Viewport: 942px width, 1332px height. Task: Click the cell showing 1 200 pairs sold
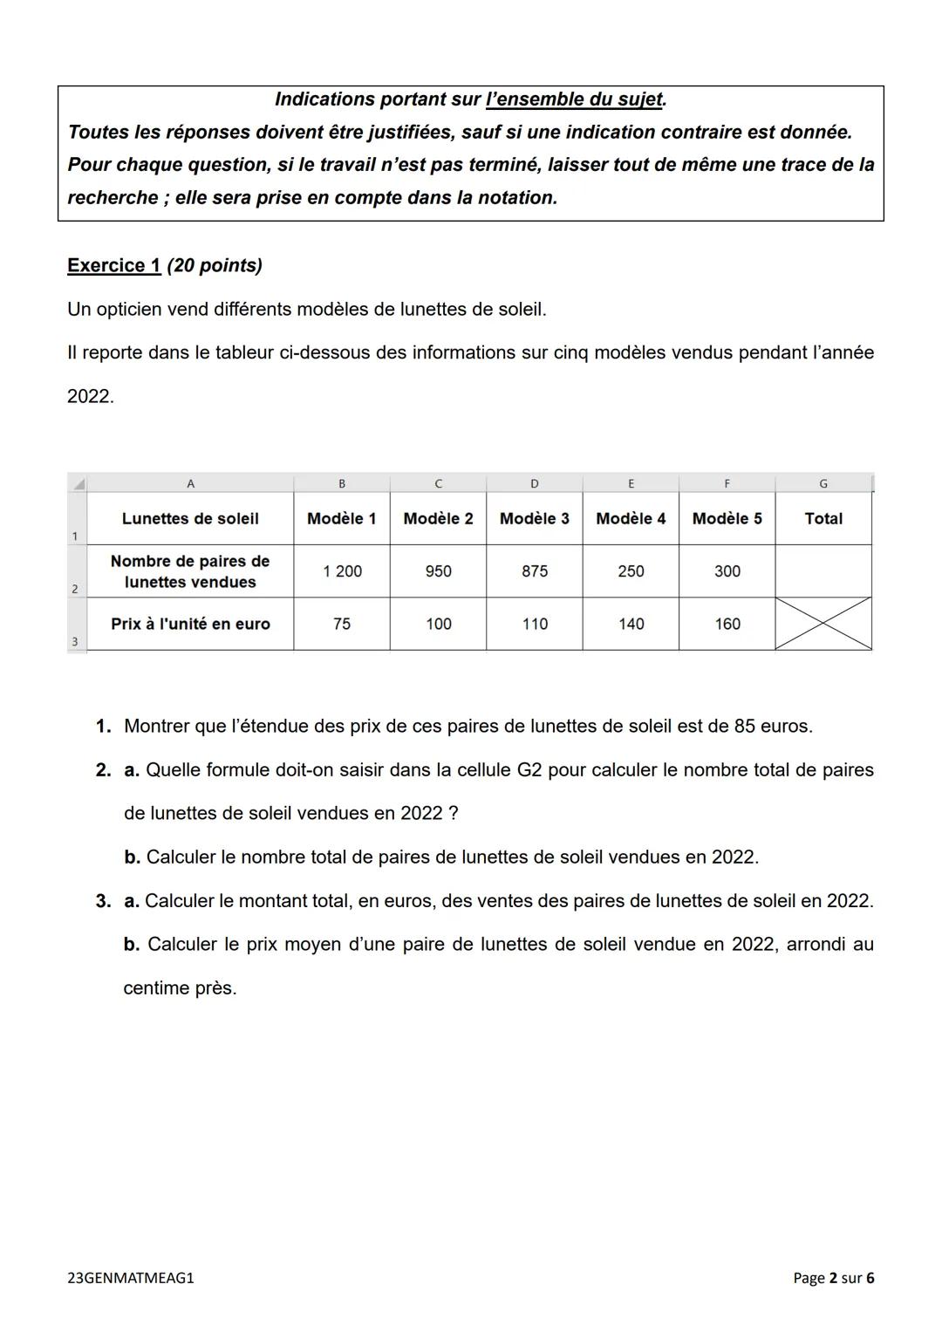[342, 571]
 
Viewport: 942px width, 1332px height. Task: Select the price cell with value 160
[727, 624]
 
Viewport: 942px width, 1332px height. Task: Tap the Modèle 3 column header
[534, 518]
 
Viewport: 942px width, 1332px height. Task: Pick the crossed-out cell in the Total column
[823, 624]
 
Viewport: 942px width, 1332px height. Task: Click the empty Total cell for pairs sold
[823, 571]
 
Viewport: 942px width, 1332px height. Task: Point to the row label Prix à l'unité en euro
[190, 624]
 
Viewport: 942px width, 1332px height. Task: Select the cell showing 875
[534, 571]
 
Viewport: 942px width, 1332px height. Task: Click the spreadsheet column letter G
[823, 483]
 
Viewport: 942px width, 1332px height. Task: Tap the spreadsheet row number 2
[75, 589]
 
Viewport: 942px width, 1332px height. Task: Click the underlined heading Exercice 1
[113, 265]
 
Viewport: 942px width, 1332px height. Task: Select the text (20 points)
[215, 265]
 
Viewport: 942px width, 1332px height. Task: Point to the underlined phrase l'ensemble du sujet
[574, 99]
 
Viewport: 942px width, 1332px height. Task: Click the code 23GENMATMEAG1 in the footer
[131, 1278]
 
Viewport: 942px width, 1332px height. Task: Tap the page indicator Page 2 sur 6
[833, 1278]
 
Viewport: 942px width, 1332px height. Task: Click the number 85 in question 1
[745, 726]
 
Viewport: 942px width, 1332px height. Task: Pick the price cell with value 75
[342, 624]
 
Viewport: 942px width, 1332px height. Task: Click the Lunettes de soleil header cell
[190, 518]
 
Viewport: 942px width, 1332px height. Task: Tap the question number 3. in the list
[103, 900]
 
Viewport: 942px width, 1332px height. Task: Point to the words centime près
[180, 988]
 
